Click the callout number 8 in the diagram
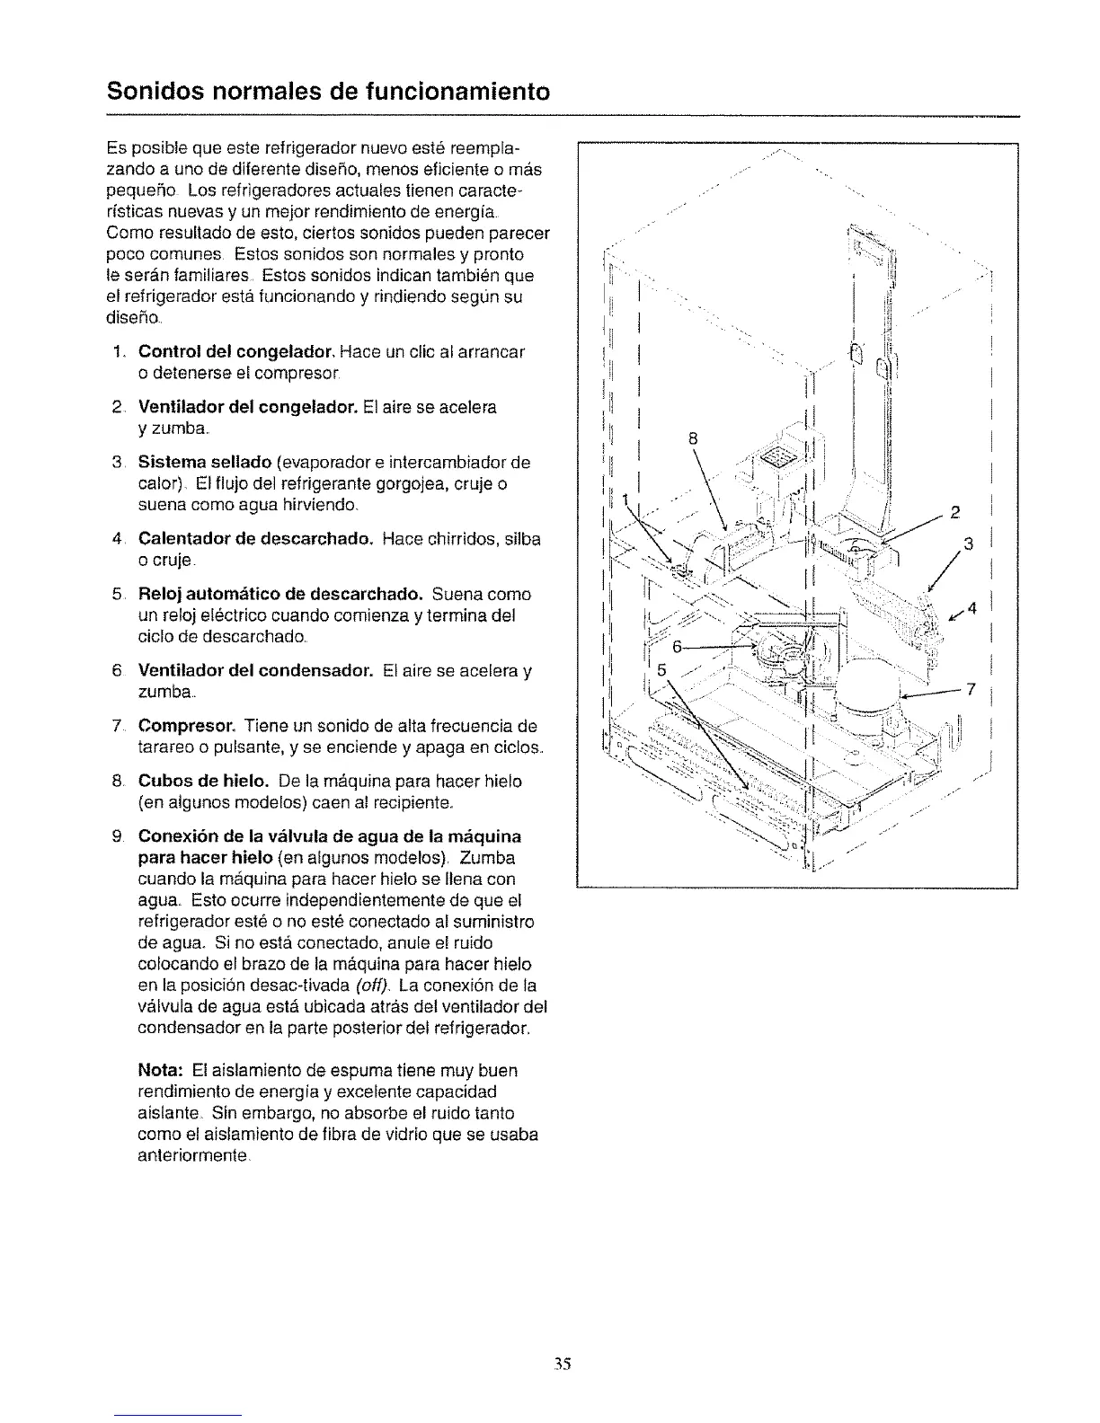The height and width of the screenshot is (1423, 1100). click(x=693, y=439)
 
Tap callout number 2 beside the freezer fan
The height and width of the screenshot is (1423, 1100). click(x=955, y=513)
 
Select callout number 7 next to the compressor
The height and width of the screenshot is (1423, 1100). click(x=970, y=690)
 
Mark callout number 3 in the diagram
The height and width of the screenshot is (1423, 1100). click(x=969, y=543)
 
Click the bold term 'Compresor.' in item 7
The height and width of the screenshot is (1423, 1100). click(x=186, y=726)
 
